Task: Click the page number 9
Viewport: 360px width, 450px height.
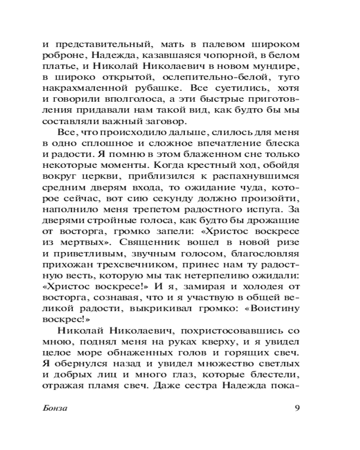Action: tap(297, 409)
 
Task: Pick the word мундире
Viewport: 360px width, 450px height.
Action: tap(276, 67)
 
